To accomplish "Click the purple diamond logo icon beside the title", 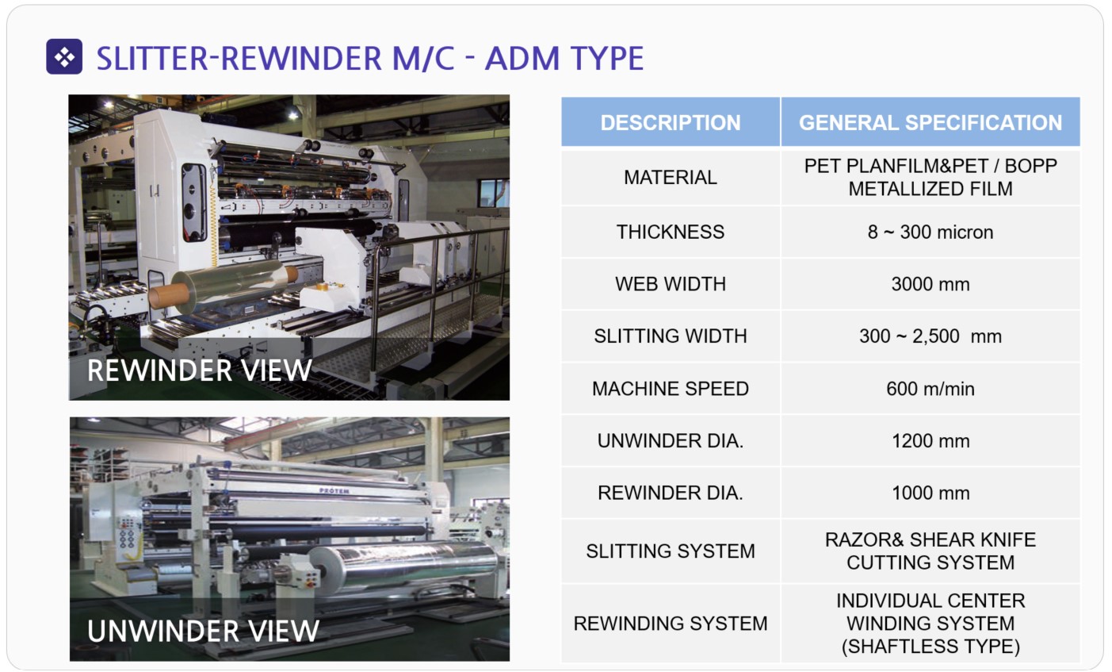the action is click(64, 56).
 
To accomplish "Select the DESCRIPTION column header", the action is click(671, 122).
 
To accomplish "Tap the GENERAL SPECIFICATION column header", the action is click(930, 122).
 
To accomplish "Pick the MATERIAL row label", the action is click(671, 178).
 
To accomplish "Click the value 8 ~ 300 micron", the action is click(930, 232).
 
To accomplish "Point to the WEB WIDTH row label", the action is click(671, 284).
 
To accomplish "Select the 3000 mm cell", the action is click(930, 284).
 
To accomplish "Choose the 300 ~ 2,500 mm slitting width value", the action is click(930, 336).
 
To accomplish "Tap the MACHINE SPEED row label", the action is click(671, 388).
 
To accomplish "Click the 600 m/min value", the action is click(930, 388).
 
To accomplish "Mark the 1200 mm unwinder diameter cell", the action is click(930, 440).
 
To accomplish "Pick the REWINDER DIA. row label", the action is click(671, 493).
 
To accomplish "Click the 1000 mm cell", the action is click(930, 493).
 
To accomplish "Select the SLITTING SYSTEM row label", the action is click(671, 551).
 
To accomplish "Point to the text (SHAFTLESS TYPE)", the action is click(930, 646).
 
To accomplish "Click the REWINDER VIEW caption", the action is click(200, 371).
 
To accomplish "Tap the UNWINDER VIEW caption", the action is click(203, 631).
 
